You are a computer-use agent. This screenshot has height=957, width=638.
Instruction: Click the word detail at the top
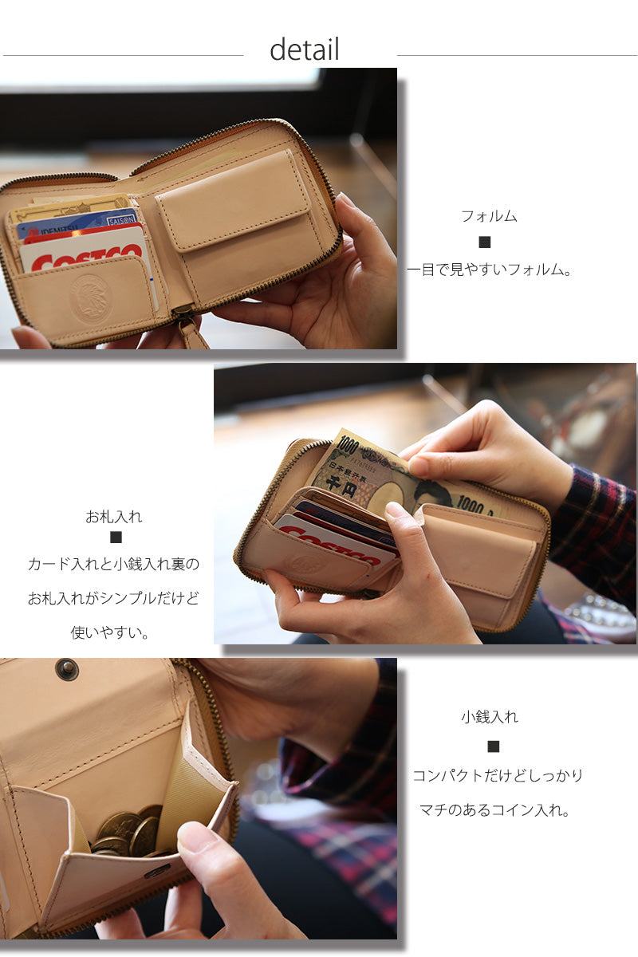305,49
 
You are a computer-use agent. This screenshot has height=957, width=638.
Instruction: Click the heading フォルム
489,216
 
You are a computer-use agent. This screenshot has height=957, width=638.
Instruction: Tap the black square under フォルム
485,242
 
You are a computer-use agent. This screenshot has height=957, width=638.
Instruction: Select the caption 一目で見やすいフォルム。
489,270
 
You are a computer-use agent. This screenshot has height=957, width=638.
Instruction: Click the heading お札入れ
114,517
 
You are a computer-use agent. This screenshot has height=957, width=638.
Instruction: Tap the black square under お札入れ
116,537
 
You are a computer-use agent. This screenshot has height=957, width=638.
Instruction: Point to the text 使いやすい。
110,632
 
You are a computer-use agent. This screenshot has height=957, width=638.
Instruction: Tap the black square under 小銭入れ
494,746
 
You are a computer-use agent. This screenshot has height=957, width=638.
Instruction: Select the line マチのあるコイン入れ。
494,810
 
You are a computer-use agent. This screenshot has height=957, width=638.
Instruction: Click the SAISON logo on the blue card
121,220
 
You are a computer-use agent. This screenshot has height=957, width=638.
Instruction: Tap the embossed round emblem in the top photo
91,297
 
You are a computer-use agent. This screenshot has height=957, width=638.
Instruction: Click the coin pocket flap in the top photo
234,201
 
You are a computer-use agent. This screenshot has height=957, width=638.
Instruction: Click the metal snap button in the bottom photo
68,669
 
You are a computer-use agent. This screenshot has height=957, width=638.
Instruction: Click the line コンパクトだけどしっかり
498,775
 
